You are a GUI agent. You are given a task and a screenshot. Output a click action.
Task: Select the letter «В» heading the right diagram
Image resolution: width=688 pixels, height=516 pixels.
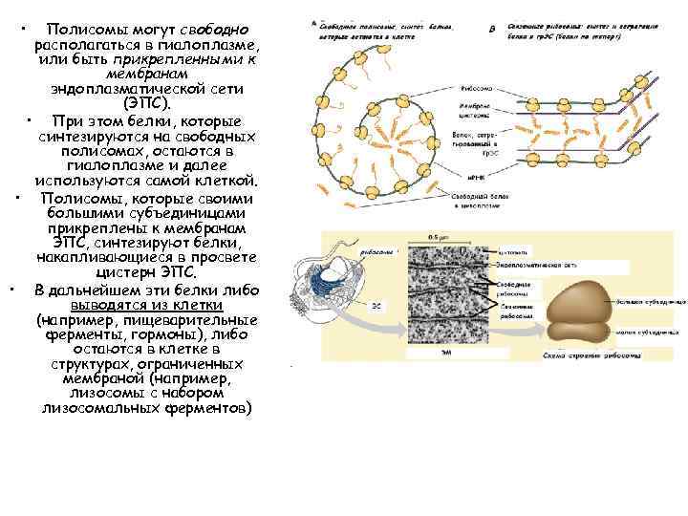point(491,28)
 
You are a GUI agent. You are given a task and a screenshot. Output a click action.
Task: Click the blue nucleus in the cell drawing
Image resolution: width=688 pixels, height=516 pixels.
point(355,290)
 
